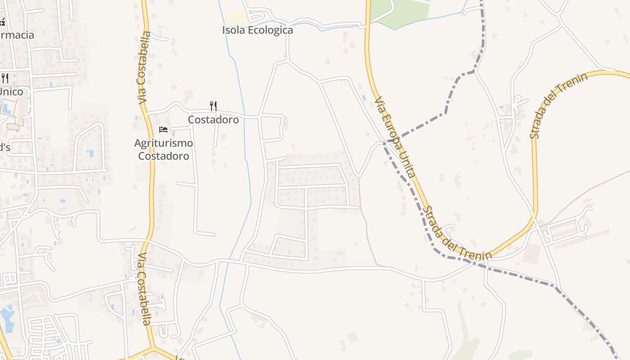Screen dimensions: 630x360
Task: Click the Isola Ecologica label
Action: pos(257,30)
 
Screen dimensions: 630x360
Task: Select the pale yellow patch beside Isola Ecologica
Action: pos(236,18)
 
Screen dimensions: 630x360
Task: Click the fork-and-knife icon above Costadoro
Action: pos(213,106)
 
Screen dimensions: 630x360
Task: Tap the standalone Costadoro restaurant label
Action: pos(213,120)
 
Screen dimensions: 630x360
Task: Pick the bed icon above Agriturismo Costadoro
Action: pos(163,130)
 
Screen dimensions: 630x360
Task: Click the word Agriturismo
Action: pos(164,143)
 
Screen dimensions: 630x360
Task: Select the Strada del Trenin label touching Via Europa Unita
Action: pos(457,234)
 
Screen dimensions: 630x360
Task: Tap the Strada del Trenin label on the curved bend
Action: pos(559,106)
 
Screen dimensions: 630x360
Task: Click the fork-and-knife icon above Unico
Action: pos(4,78)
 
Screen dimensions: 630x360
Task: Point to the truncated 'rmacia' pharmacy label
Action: pos(17,35)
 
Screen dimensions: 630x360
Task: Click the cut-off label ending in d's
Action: pos(4,147)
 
